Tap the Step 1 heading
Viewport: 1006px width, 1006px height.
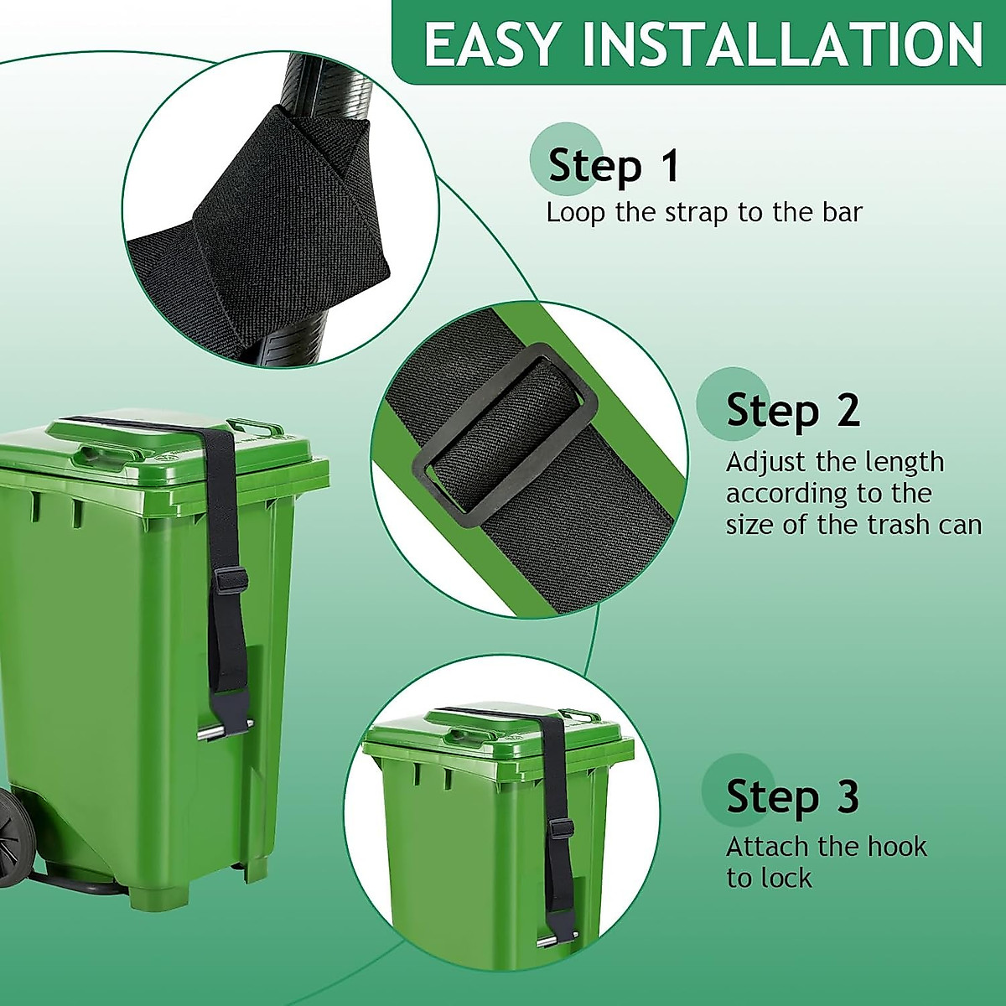(x=613, y=165)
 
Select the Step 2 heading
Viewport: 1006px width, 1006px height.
(x=792, y=410)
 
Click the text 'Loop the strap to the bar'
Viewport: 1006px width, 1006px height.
(x=703, y=212)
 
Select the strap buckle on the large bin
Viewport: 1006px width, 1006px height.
(x=230, y=580)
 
